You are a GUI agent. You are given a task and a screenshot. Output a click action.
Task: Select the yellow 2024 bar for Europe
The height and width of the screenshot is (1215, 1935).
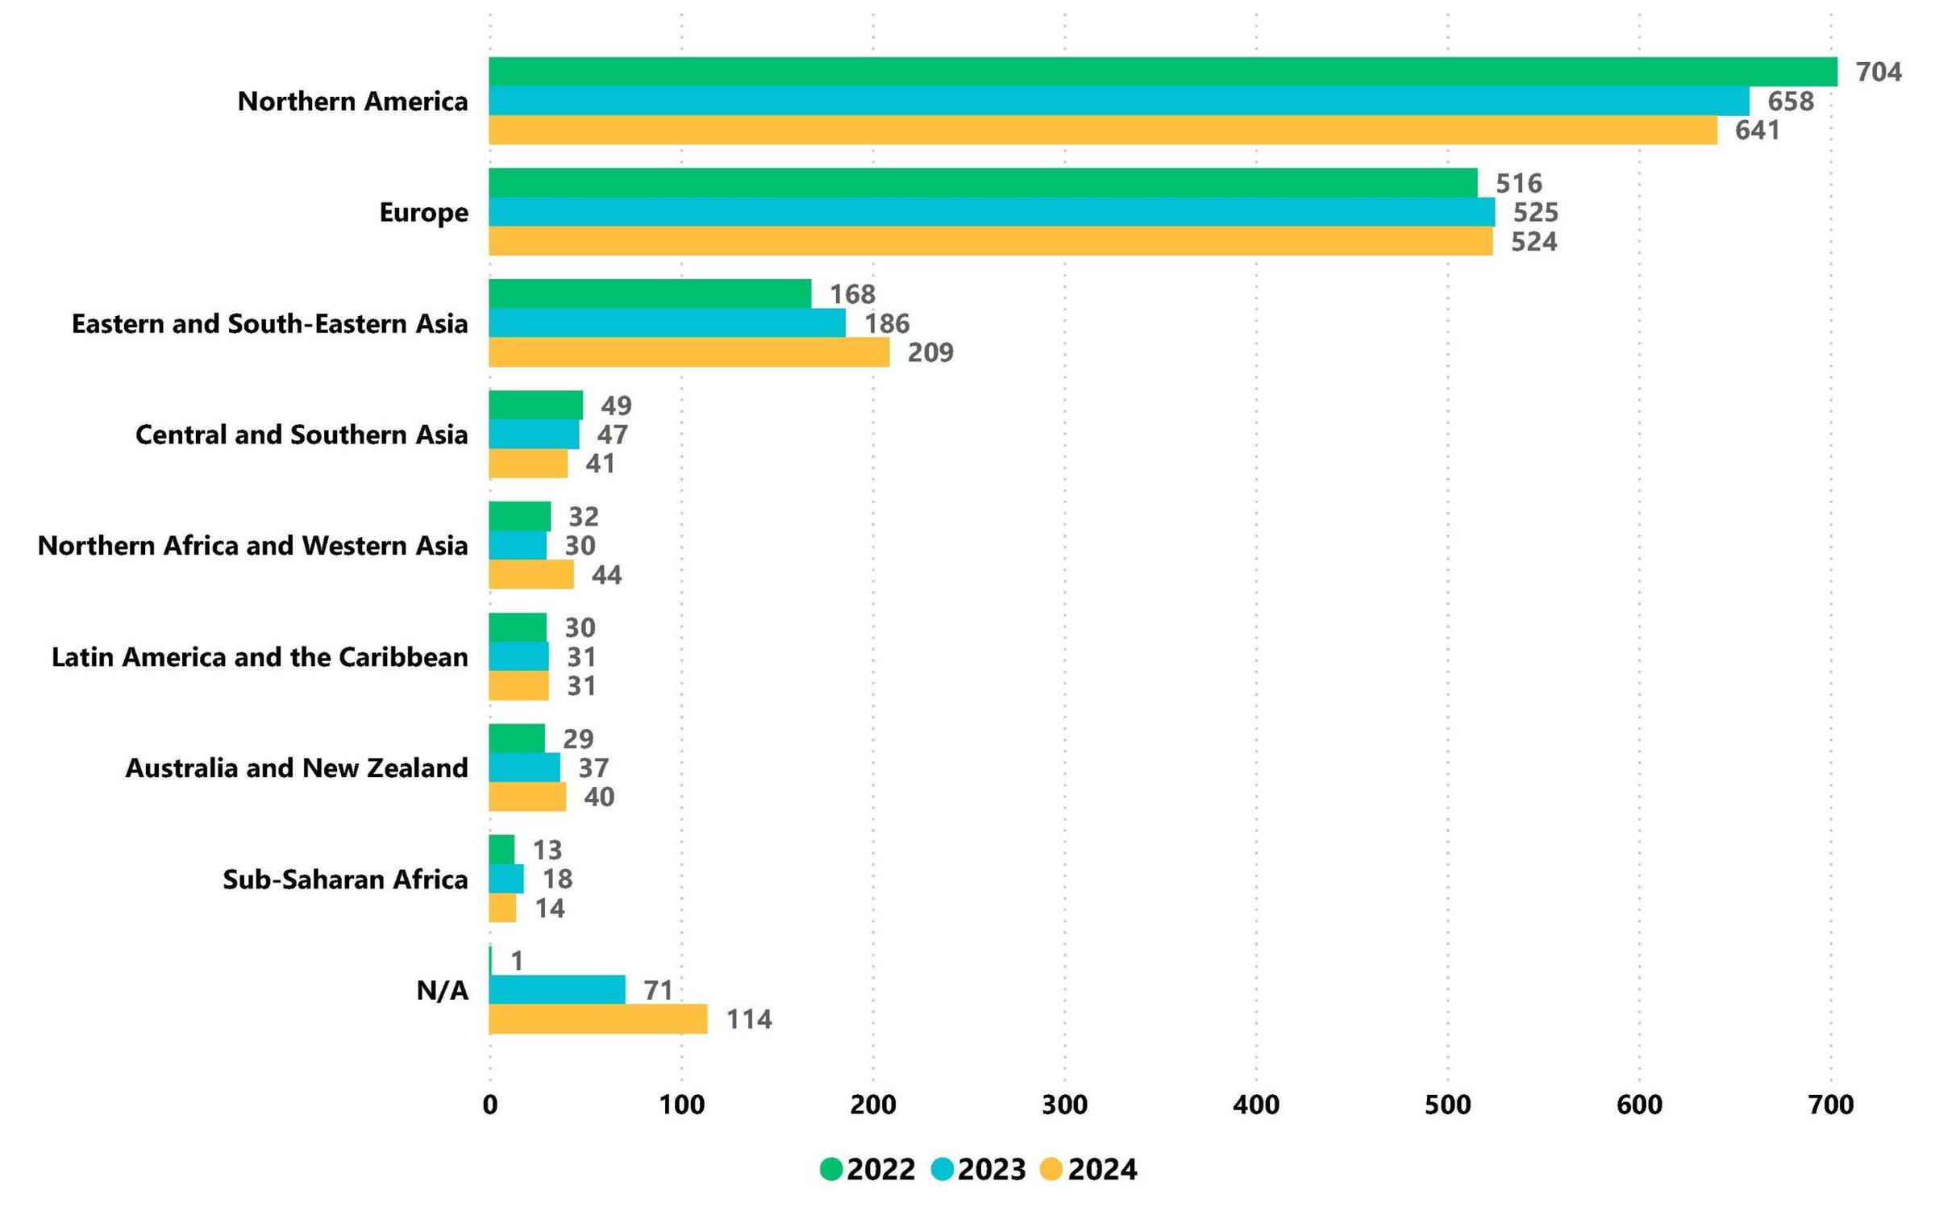(x=990, y=241)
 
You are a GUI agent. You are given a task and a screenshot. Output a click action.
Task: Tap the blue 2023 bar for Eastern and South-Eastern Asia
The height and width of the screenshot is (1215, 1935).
(x=667, y=323)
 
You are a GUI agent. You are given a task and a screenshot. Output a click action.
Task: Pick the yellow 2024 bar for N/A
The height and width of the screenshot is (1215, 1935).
(x=597, y=1019)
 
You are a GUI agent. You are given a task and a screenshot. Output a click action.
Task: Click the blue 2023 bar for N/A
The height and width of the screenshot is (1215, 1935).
(x=556, y=990)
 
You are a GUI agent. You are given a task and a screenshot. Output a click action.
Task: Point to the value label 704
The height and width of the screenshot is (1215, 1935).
(x=1878, y=73)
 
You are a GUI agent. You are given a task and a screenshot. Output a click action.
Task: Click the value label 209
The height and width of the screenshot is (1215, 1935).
(x=930, y=353)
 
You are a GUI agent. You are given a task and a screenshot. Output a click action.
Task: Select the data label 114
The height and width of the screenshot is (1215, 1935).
(x=749, y=1020)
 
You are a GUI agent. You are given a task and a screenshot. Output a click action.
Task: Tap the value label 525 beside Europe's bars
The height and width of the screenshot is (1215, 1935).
(x=1535, y=213)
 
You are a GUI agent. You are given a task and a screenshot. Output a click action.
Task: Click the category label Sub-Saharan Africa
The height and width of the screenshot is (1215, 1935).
(x=345, y=880)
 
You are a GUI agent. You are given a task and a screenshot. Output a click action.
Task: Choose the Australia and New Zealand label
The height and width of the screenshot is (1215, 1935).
(x=297, y=768)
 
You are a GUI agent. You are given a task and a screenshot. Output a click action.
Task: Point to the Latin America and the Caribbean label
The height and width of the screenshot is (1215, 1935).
(x=260, y=657)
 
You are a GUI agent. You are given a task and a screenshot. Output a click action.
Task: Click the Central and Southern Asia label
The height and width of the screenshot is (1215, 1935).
(x=302, y=435)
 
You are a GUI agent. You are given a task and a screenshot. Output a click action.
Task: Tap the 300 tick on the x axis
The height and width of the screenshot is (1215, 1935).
(x=1064, y=1105)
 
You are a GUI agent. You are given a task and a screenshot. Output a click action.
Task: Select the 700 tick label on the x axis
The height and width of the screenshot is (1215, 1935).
(x=1831, y=1105)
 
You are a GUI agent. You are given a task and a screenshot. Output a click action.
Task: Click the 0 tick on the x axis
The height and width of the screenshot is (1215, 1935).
(x=490, y=1105)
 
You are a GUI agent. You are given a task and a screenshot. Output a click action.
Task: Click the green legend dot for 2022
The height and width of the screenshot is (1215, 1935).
(x=831, y=1169)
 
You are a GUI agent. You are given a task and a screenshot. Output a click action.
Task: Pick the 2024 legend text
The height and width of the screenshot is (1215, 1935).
(x=1102, y=1170)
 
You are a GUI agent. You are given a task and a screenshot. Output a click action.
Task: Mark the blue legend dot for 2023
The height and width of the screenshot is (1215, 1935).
(x=942, y=1169)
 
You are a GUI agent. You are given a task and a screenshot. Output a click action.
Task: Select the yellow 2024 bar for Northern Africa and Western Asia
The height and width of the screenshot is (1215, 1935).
(x=531, y=575)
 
